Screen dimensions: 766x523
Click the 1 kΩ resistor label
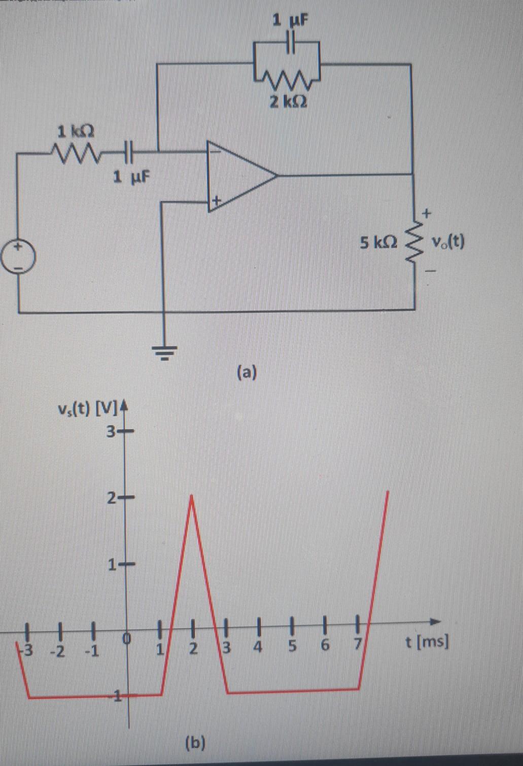(76, 131)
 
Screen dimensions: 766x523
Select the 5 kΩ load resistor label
(378, 242)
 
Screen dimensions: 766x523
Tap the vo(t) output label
(448, 242)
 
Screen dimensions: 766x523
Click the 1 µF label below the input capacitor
(131, 177)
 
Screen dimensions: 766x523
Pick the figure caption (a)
(247, 373)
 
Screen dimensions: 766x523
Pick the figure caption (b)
(195, 743)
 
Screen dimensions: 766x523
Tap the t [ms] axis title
(427, 643)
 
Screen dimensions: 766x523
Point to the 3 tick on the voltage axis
(112, 433)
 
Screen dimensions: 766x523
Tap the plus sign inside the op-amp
(215, 201)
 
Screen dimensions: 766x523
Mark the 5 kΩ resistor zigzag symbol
(414, 242)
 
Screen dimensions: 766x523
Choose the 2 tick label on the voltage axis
(112, 500)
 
